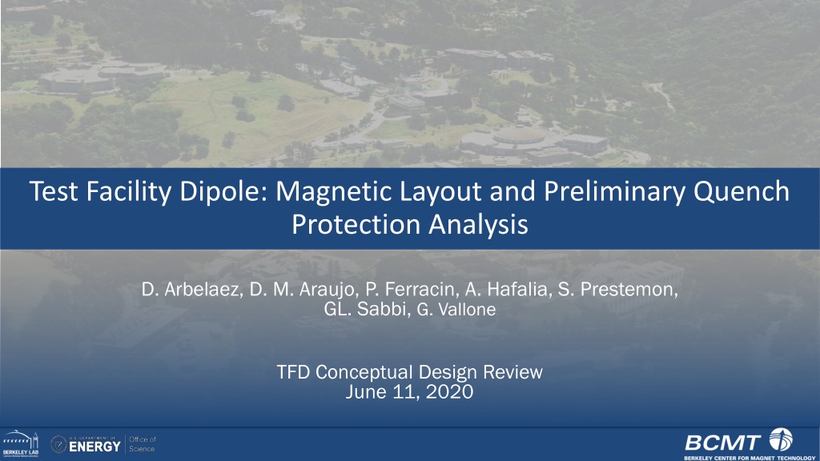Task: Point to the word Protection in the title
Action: tap(356, 225)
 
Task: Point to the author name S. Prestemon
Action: tap(618, 290)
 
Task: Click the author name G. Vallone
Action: tap(456, 310)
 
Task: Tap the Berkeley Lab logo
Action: tap(20, 444)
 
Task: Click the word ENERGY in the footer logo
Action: tap(94, 447)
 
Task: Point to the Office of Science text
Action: tap(143, 444)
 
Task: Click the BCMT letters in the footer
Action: tap(723, 443)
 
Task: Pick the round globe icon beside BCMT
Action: tap(781, 439)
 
